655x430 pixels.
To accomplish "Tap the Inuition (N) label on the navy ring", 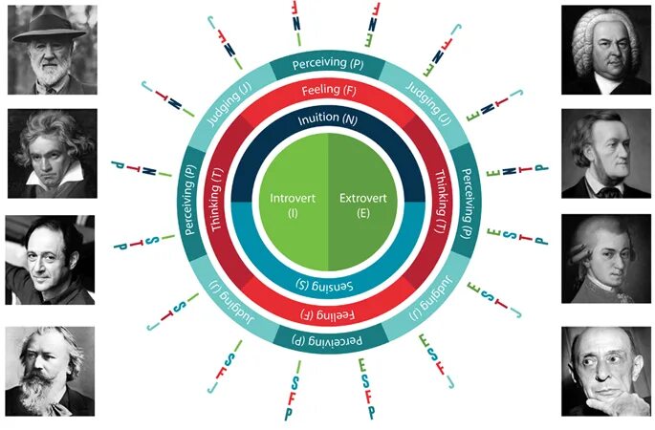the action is tap(328, 120).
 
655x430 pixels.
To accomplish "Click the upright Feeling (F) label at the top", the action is tap(328, 91).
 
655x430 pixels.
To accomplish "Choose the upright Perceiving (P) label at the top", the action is tap(328, 64).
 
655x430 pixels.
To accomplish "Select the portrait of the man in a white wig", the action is tap(605, 50).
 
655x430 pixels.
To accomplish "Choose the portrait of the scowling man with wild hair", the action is tap(50, 153).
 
